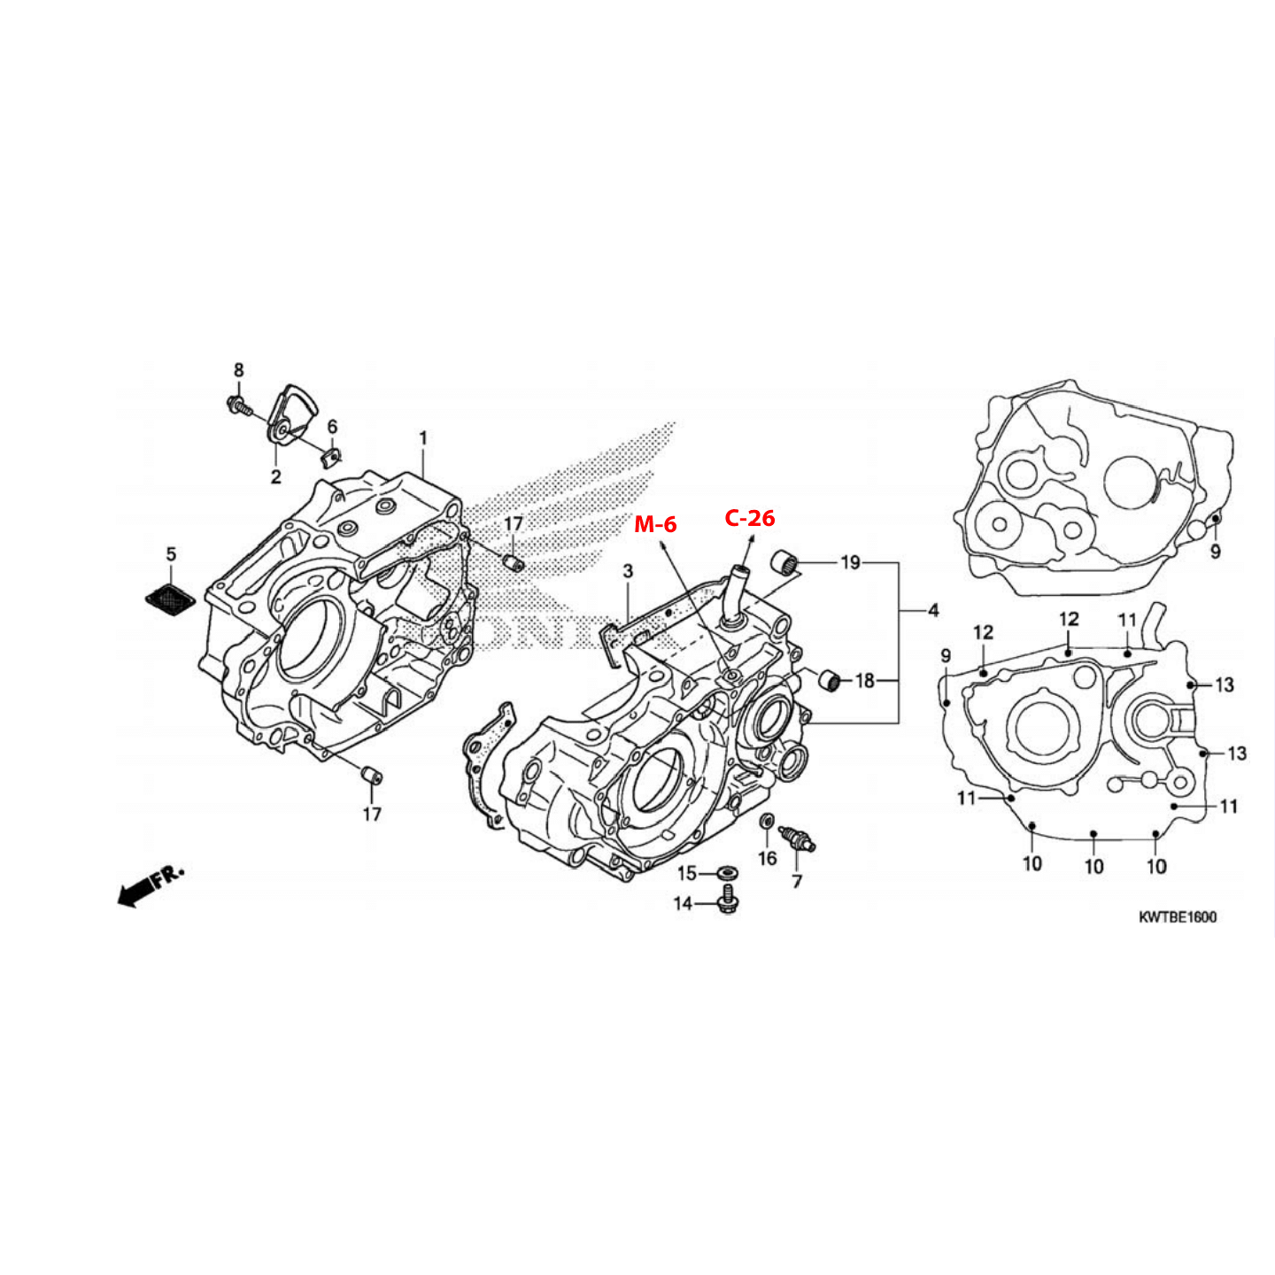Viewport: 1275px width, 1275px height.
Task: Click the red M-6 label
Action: pyautogui.click(x=655, y=525)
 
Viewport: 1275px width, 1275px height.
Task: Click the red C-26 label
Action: pyautogui.click(x=749, y=518)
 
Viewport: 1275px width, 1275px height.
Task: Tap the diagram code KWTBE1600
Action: pyautogui.click(x=1177, y=917)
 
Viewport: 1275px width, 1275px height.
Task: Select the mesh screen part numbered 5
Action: pyautogui.click(x=170, y=599)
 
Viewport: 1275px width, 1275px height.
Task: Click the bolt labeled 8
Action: pyautogui.click(x=237, y=405)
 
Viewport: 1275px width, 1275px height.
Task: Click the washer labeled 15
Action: pyautogui.click(x=729, y=873)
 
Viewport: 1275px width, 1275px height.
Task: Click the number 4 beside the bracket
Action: pyautogui.click(x=933, y=610)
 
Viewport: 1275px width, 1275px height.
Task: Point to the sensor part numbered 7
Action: pyautogui.click(x=798, y=839)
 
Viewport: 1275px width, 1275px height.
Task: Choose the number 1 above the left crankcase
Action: pyautogui.click(x=423, y=438)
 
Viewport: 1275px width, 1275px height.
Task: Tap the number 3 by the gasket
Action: pyautogui.click(x=628, y=571)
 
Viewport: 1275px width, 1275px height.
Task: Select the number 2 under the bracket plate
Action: pyautogui.click(x=276, y=476)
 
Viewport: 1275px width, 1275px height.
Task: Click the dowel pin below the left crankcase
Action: pyautogui.click(x=371, y=774)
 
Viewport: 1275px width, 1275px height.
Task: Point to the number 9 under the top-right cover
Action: pyautogui.click(x=1216, y=551)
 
